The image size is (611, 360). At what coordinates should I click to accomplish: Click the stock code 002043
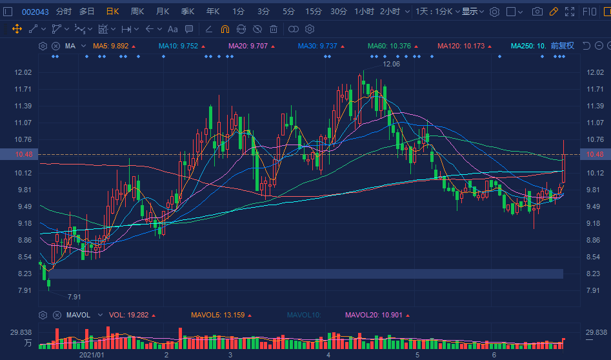(35, 12)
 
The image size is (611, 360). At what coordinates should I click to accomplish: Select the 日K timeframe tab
(112, 12)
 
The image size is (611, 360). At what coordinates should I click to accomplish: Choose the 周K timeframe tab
(137, 12)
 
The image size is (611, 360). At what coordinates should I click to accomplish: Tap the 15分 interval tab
(314, 12)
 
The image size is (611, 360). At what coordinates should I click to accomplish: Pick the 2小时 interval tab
(390, 12)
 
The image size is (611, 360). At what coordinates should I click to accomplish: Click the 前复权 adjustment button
(562, 46)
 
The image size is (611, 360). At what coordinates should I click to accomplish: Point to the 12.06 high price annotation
(391, 64)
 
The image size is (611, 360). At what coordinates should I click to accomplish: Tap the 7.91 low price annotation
(75, 297)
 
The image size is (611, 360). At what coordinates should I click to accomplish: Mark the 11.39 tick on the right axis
(595, 106)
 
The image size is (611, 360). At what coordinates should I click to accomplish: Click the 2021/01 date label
(92, 355)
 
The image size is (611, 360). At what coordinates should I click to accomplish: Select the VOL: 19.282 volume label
(129, 315)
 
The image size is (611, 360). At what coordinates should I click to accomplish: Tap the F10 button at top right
(590, 12)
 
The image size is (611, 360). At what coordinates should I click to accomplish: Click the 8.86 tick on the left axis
(23, 240)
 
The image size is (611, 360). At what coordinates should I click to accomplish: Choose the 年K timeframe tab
(213, 12)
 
